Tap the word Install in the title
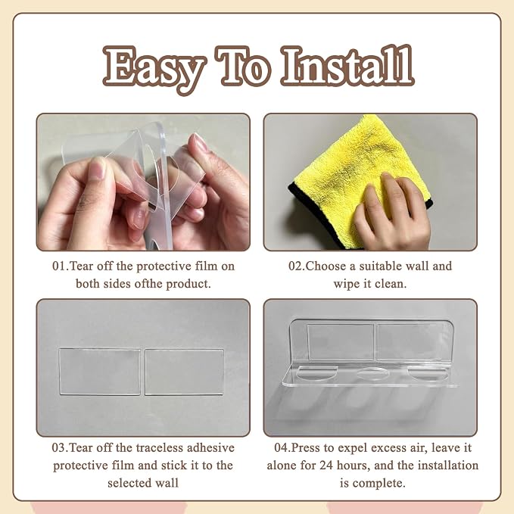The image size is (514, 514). pos(347,65)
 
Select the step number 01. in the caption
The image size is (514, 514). pos(61,266)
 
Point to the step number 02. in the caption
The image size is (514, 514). pos(297,266)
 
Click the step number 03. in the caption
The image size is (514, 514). pos(61,448)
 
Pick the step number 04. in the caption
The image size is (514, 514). pos(282,448)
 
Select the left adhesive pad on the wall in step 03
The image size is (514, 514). pos(100,372)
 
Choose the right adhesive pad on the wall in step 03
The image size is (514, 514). pos(185,372)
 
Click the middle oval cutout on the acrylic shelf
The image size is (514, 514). pos(372,373)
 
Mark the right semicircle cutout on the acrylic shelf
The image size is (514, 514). pos(427,374)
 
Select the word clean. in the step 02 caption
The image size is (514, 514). pos(391,284)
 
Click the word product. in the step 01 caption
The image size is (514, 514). pos(188,284)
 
